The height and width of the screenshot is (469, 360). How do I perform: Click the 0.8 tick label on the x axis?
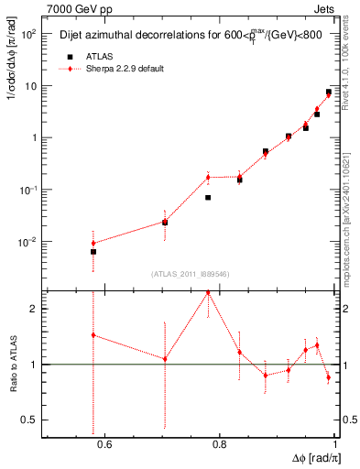(x=219, y=445)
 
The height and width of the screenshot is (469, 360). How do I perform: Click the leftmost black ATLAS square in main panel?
(x=93, y=251)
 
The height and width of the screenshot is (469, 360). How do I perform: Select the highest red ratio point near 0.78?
(x=208, y=292)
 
